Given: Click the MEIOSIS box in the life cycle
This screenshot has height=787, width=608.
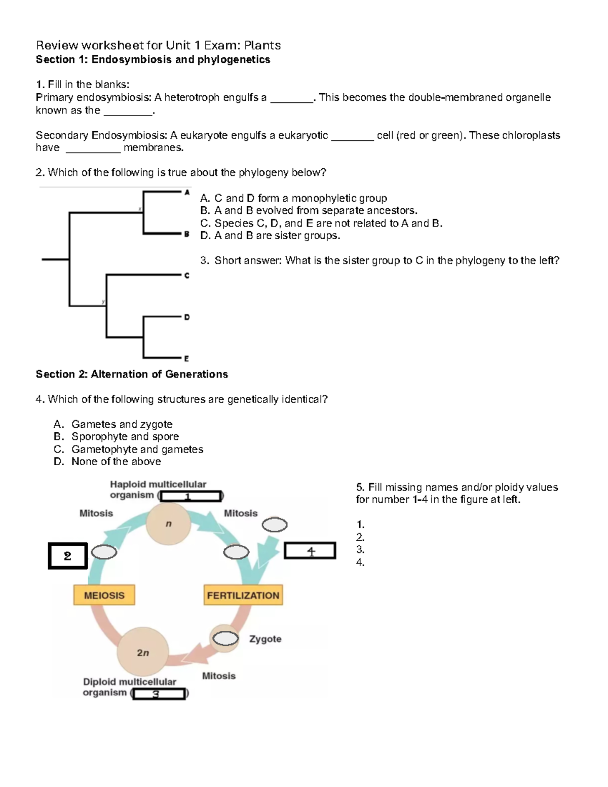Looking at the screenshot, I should tap(104, 595).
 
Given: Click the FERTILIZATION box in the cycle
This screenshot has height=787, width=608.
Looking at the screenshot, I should tap(243, 595).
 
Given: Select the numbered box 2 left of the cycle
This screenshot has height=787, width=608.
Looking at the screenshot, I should tap(68, 556).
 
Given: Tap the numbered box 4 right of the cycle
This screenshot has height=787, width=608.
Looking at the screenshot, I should tap(310, 551).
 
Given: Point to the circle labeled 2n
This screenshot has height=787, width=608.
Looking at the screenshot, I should tap(142, 652).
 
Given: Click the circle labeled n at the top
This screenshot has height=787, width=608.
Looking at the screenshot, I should tap(168, 524).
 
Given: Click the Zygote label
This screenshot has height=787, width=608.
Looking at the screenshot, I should tap(265, 639).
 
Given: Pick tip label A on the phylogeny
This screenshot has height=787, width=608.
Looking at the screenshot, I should tap(187, 193).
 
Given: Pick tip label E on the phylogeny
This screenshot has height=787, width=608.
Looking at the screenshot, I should tap(186, 358).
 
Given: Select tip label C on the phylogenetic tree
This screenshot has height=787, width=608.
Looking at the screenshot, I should tap(187, 276).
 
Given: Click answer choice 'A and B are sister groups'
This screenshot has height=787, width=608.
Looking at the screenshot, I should tap(271, 236).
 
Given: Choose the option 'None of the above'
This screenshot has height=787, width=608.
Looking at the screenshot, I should tap(116, 462).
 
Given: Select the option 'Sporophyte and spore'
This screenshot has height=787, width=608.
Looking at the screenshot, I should tap(125, 437).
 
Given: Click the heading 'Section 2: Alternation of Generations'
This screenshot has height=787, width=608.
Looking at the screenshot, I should tap(132, 374).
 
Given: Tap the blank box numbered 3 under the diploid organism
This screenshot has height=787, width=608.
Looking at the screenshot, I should tap(159, 694).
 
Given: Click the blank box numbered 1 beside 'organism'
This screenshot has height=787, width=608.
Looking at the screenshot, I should tap(191, 496).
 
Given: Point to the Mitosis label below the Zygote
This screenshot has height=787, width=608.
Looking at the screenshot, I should tap(219, 676).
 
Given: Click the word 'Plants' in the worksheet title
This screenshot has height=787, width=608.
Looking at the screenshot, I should tap(262, 46).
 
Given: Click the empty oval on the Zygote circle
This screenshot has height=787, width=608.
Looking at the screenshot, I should tap(225, 639).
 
